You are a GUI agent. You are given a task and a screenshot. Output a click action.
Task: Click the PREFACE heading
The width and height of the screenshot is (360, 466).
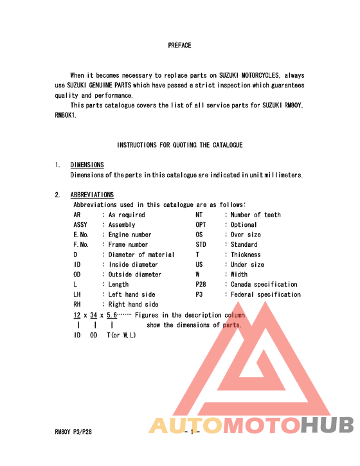pyautogui.click(x=179, y=46)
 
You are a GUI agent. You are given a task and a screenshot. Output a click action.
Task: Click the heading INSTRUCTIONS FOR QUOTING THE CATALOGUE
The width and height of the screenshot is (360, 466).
pyautogui.click(x=179, y=145)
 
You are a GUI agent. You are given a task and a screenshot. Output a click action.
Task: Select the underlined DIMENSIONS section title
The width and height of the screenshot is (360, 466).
pyautogui.click(x=87, y=165)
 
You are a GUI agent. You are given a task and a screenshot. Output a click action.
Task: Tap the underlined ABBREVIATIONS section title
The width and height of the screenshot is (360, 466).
pyautogui.click(x=92, y=195)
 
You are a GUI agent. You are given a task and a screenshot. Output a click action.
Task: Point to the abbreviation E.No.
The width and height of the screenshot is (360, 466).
pyautogui.click(x=81, y=235)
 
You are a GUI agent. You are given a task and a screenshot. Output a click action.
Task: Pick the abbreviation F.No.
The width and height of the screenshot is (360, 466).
pyautogui.click(x=81, y=245)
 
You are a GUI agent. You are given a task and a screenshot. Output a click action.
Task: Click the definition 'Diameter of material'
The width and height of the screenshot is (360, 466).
pyautogui.click(x=141, y=255)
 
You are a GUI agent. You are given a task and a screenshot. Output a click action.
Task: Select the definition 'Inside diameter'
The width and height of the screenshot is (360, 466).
pyautogui.click(x=133, y=265)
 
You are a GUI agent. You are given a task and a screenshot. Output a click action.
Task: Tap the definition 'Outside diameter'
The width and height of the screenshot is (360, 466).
pyautogui.click(x=135, y=274)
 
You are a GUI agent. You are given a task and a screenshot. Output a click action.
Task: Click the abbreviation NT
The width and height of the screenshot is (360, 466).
pyautogui.click(x=199, y=215)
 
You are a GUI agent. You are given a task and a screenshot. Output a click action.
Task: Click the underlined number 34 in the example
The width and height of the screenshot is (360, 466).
pyautogui.click(x=93, y=315)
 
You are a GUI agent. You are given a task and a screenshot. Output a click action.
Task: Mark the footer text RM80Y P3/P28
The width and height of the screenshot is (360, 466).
pyautogui.click(x=74, y=432)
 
